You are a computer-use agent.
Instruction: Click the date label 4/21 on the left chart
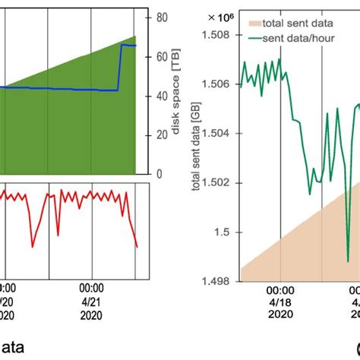click(91, 302)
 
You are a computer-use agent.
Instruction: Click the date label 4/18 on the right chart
click(280, 302)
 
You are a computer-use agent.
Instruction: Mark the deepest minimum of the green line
click(348, 261)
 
